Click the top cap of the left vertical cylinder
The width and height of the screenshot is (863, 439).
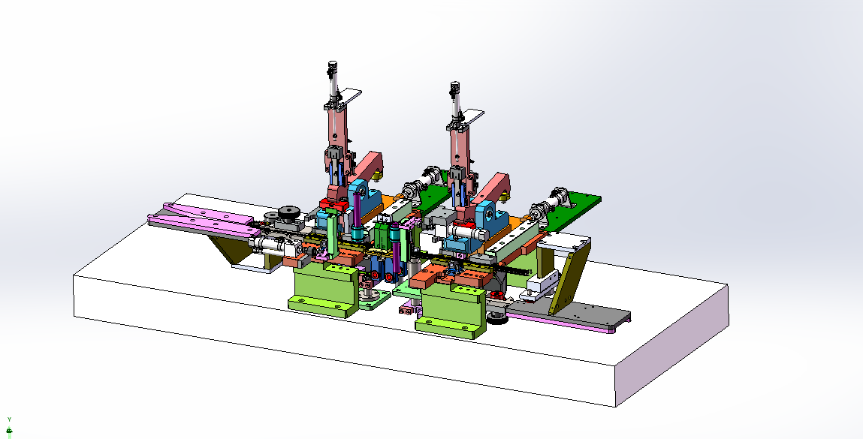coord(332,65)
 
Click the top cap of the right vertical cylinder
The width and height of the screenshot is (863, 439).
coord(454,86)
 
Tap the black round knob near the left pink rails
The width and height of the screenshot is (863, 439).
coord(288,212)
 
